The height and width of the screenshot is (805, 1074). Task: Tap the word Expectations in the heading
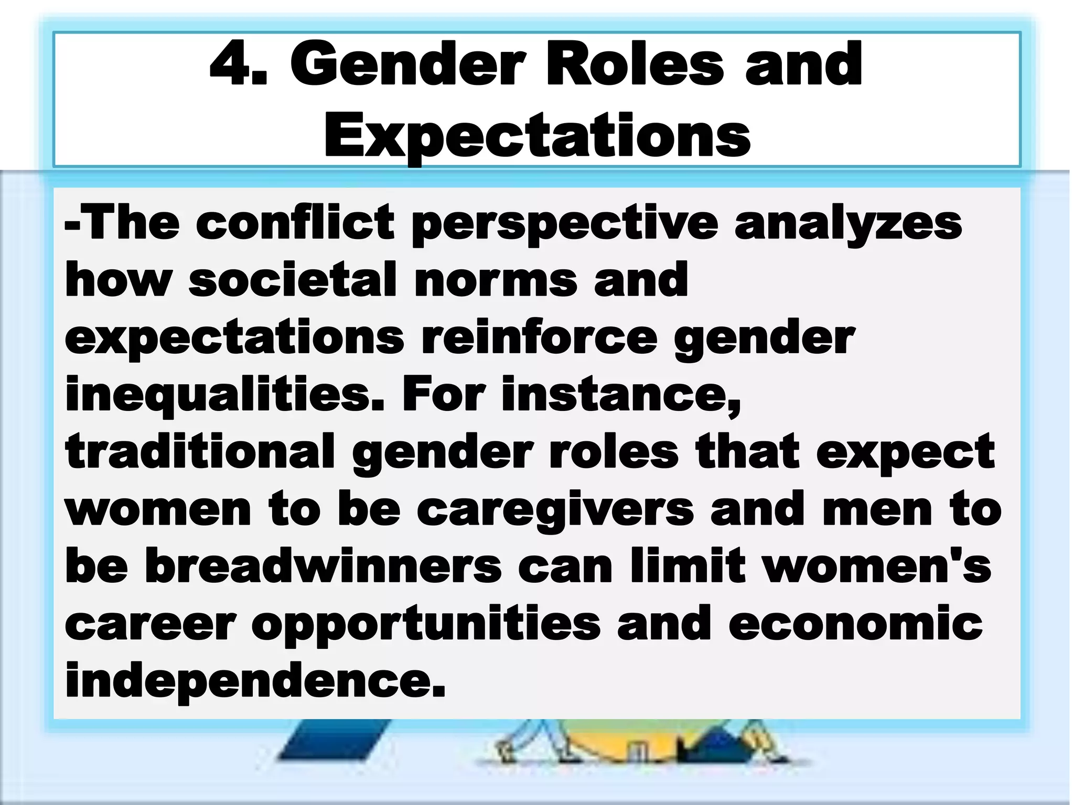click(537, 135)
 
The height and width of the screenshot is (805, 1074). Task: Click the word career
click(150, 624)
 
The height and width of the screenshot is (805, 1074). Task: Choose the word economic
click(855, 624)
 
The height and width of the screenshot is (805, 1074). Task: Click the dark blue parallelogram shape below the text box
click(335, 738)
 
